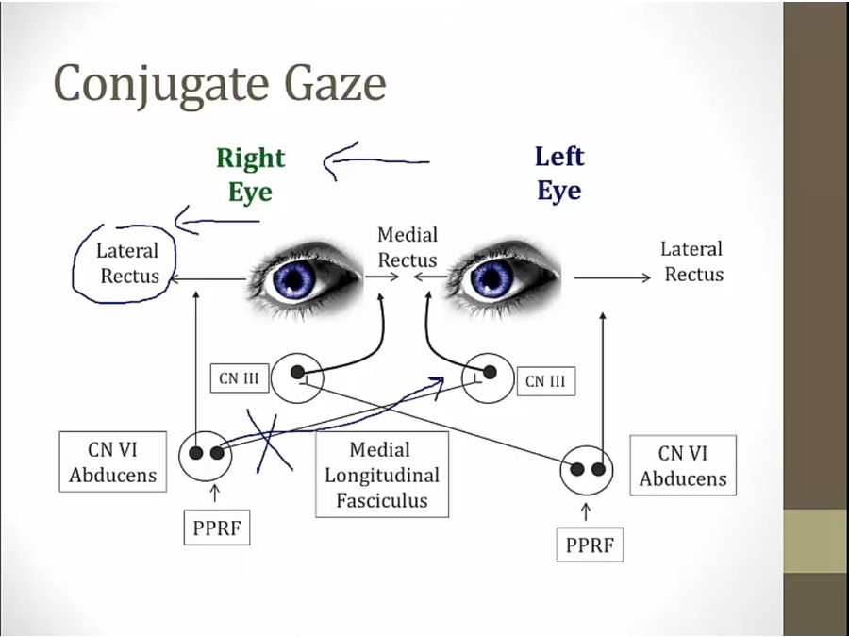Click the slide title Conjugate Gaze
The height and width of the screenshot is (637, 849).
coord(220,83)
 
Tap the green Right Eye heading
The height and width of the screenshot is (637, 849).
coord(250,174)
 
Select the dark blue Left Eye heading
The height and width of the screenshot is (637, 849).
coord(559,174)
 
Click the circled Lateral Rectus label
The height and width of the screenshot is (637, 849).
coord(127,263)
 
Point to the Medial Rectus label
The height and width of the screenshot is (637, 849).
coord(408,247)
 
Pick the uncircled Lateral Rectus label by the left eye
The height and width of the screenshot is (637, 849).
coord(692,261)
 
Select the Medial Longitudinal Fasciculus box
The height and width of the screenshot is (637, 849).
coord(382,476)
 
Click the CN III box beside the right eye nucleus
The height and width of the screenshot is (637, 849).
coord(241,379)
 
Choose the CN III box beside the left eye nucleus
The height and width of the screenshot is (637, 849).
coord(545,381)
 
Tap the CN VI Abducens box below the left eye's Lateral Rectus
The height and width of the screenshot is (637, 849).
coord(683,465)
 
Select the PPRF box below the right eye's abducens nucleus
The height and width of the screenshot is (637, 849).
coord(216,528)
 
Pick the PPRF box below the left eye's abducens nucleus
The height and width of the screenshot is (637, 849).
coord(589,545)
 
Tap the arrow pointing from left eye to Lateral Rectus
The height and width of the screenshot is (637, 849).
coord(611,277)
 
